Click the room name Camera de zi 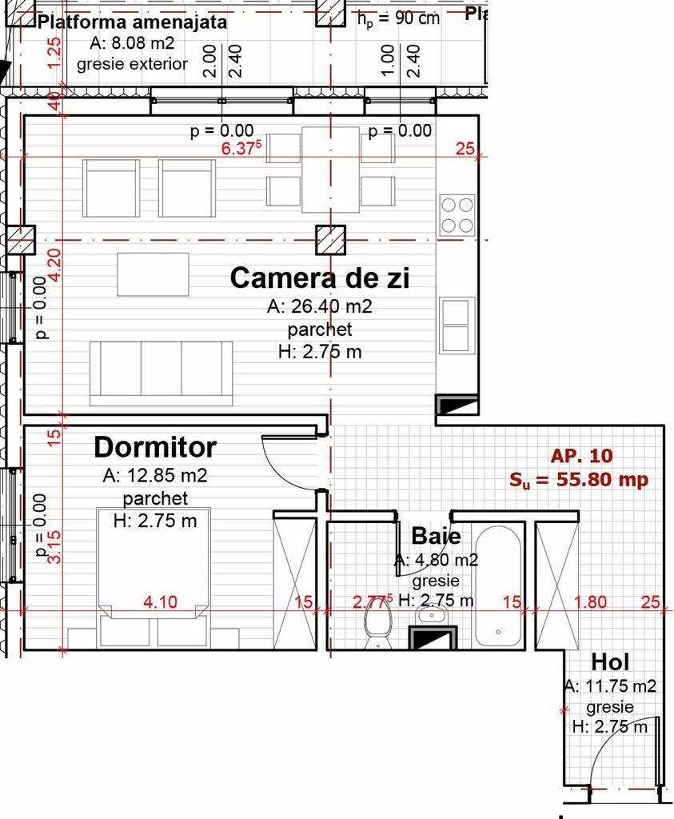(319, 278)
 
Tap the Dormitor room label (155, 446)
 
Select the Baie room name (436, 535)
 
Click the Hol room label (610, 661)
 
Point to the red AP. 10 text (581, 456)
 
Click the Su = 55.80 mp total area (578, 480)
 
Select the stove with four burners (457, 215)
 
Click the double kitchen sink (457, 324)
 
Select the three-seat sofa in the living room (161, 372)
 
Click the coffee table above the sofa (153, 274)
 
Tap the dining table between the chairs (330, 170)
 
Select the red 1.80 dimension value (591, 602)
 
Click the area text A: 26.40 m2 (320, 306)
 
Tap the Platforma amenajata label (133, 22)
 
